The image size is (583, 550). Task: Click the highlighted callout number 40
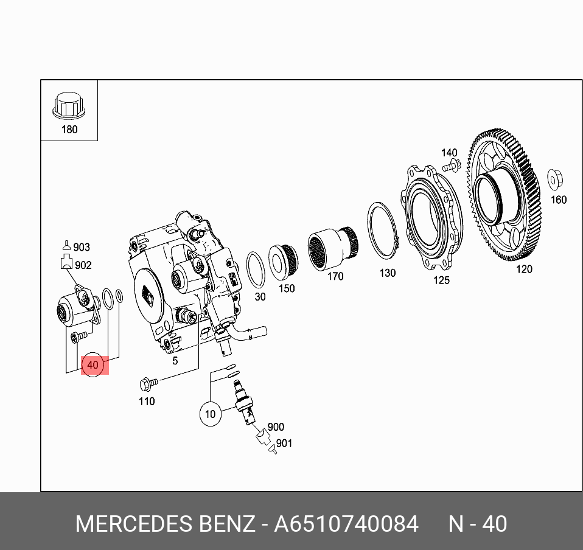[x=93, y=365]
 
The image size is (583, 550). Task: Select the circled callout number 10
[x=210, y=414]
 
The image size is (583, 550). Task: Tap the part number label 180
[x=69, y=129]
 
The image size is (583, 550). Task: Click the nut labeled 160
[x=554, y=179]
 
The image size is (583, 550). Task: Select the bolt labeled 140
[x=450, y=165]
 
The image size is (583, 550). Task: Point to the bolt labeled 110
[x=147, y=383]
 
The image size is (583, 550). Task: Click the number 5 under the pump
[x=175, y=361]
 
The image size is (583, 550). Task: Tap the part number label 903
[x=81, y=247]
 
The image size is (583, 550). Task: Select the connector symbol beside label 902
[x=66, y=263]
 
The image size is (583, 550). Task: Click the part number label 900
[x=276, y=427]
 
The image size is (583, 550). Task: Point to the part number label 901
[x=284, y=444]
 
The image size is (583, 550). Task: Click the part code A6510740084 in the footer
[x=346, y=524]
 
